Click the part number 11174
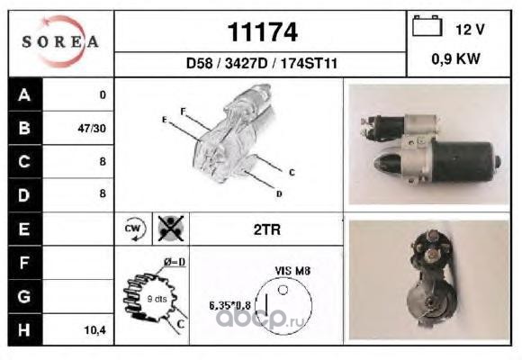262,32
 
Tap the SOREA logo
60,41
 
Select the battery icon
427,25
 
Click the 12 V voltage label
470,30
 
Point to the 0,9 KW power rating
455,58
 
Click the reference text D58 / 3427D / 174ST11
262,63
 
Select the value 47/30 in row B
92,129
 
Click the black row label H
24,329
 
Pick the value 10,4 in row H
94,330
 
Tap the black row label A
24,94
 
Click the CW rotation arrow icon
135,229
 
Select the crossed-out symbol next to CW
171,229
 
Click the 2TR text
267,229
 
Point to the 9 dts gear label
157,299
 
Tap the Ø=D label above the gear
175,263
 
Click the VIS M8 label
292,271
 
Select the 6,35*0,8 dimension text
229,305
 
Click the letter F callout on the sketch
183,112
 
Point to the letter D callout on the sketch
279,193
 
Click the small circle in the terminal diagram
283,290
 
